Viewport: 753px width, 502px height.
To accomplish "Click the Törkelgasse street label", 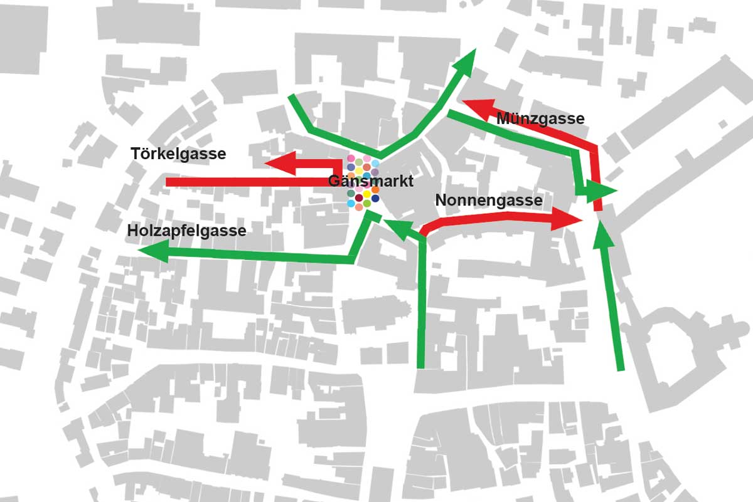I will (178, 154).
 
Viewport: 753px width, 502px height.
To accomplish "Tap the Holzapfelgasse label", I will (186, 231).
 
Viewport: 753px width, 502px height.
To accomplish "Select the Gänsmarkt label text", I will (371, 182).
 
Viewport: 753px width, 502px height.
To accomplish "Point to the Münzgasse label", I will (540, 118).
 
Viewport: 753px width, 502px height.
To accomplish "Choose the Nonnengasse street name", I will (489, 201).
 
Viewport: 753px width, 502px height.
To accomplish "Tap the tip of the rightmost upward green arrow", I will (602, 226).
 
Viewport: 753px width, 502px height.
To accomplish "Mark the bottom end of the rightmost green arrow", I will (621, 369).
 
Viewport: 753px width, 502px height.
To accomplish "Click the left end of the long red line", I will (168, 182).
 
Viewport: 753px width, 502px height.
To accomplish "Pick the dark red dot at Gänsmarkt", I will (359, 199).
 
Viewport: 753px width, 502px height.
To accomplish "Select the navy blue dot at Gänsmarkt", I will (375, 199).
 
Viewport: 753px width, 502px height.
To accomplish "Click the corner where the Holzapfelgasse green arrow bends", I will (353, 258).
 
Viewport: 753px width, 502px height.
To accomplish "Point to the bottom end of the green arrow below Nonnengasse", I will (421, 367).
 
